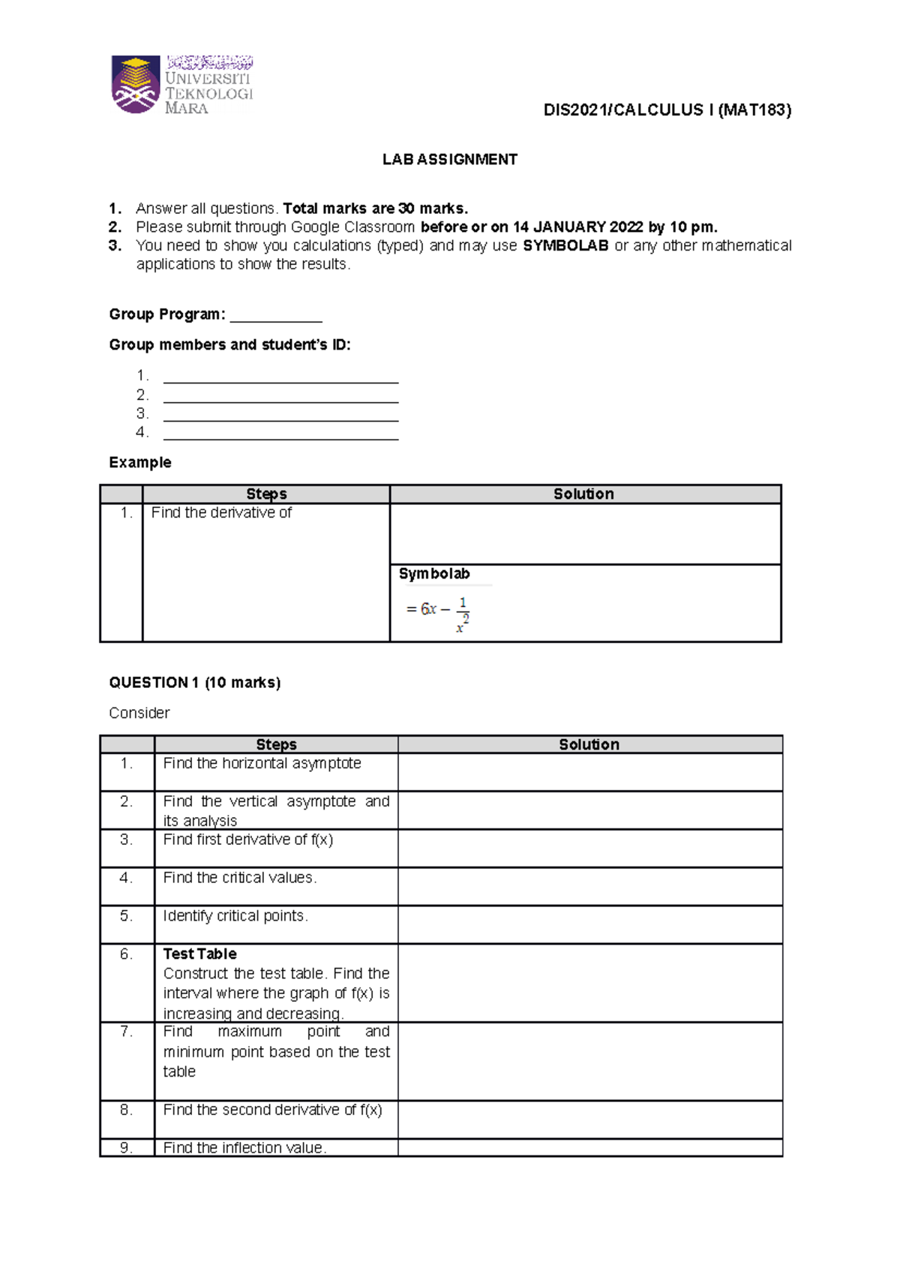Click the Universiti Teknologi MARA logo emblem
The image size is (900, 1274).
click(136, 85)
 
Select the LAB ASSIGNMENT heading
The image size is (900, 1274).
click(449, 159)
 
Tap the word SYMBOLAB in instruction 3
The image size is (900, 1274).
click(565, 245)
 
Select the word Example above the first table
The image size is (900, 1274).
click(140, 462)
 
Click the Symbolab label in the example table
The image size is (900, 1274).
click(434, 574)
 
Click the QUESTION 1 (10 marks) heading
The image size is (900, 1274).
click(195, 682)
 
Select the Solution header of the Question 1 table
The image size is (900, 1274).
click(589, 744)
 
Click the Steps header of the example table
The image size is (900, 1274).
click(266, 494)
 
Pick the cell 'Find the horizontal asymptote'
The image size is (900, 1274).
click(262, 763)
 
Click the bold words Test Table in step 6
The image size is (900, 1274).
click(199, 954)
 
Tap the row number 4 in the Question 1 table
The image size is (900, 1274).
click(126, 878)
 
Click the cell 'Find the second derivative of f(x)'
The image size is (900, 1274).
click(272, 1110)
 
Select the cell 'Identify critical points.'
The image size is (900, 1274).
click(235, 915)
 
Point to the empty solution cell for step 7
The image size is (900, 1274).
click(589, 1061)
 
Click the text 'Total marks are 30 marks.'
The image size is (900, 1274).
click(375, 208)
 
